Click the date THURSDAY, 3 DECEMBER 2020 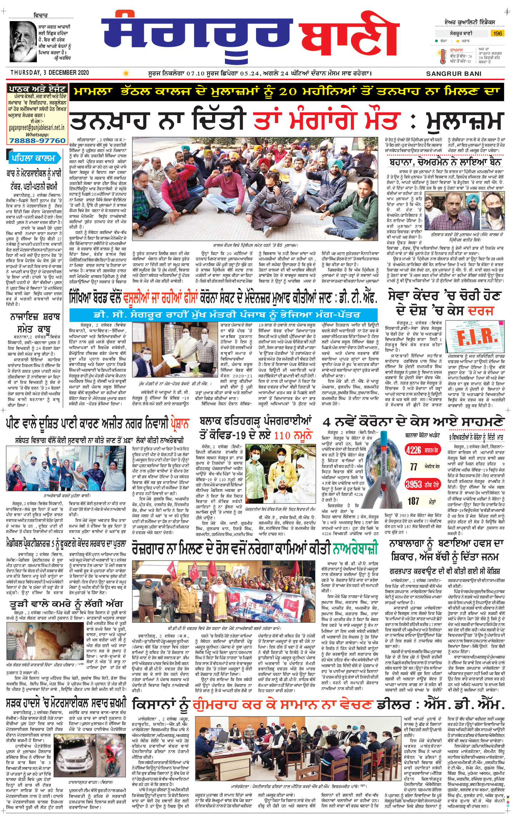(x=49, y=73)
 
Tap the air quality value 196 (x=497, y=33)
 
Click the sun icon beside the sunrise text (x=126, y=73)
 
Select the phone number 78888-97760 (x=38, y=141)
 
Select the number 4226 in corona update (x=413, y=450)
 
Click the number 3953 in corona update (x=413, y=484)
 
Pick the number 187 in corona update (x=413, y=501)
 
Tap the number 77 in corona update (x=413, y=467)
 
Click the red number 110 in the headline (x=282, y=435)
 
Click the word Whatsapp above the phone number (x=37, y=135)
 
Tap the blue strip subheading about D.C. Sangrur (x=223, y=314)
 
